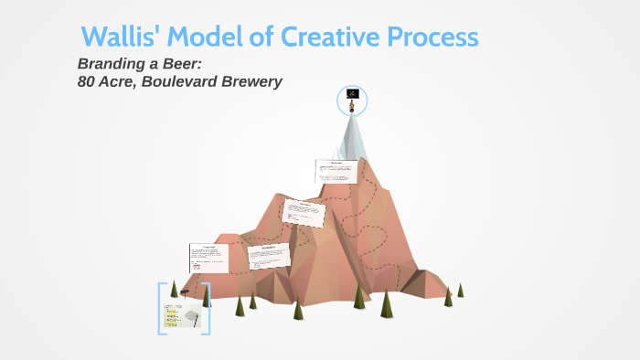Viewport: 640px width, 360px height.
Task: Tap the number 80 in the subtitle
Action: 88,81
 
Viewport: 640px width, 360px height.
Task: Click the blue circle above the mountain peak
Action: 352,101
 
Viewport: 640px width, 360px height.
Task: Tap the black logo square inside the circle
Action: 353,94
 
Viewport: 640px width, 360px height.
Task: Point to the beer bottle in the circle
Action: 352,107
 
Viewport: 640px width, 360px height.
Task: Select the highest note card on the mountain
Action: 336,171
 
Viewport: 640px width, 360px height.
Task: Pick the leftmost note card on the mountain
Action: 208,258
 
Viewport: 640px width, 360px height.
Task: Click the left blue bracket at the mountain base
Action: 161,308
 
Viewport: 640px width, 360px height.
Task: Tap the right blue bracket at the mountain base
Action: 208,308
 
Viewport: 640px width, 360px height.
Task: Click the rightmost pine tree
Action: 461,290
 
